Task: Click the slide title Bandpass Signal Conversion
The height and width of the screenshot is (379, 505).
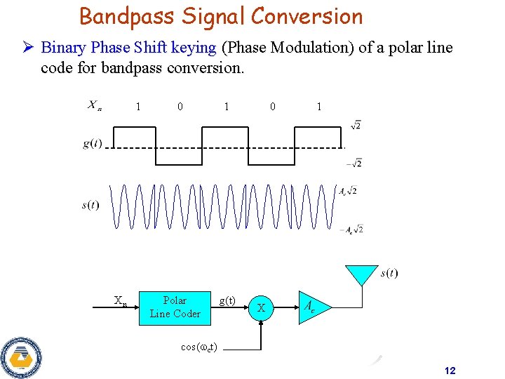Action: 221,16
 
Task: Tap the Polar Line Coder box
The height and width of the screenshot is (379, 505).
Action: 175,307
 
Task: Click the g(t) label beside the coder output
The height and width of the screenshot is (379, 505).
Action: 227,300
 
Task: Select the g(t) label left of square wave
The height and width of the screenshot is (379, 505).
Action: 92,144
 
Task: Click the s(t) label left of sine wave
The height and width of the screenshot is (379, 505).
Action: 90,205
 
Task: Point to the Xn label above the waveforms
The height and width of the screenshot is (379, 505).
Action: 95,106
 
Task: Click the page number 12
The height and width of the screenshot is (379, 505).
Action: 450,371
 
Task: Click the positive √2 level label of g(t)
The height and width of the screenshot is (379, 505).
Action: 355,126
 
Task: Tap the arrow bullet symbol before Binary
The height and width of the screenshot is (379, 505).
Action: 29,48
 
